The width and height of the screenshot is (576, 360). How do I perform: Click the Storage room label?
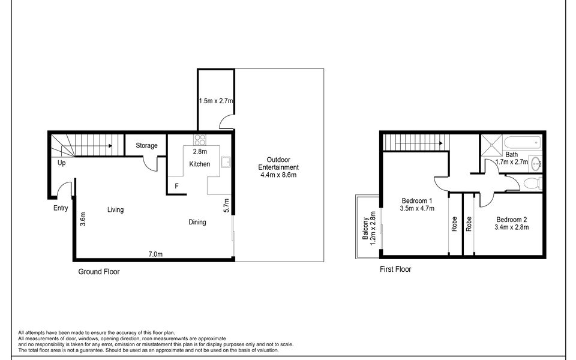(x=146, y=145)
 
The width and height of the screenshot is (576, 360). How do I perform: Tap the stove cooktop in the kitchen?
(x=200, y=140)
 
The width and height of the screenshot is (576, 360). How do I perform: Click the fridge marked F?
(x=176, y=186)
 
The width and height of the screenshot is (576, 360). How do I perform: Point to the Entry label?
(x=61, y=208)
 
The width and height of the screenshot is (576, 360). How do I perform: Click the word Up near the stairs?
(x=61, y=163)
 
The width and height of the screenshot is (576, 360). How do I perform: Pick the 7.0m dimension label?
(x=155, y=254)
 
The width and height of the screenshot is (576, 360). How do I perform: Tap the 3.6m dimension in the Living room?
(x=83, y=219)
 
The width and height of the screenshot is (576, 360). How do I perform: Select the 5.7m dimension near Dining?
(x=226, y=205)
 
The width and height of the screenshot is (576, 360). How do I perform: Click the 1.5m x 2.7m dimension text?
(x=216, y=101)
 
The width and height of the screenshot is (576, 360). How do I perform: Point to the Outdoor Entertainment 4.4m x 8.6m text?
(x=278, y=167)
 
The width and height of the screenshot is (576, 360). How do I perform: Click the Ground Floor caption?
(x=99, y=272)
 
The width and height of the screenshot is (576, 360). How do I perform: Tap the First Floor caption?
(x=395, y=269)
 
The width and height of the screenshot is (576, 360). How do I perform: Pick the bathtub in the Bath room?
(x=523, y=142)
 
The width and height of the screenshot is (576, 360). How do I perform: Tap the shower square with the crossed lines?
(x=491, y=146)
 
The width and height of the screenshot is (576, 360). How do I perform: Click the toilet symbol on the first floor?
(x=532, y=182)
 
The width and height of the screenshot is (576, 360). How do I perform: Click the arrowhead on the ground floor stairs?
(x=110, y=146)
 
